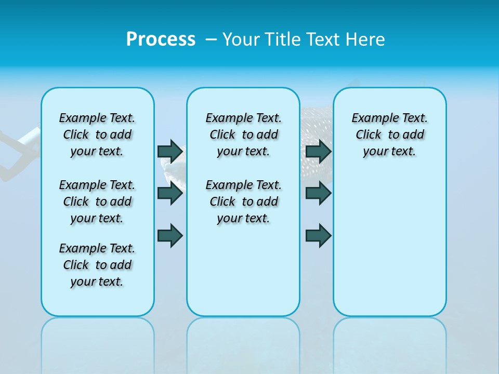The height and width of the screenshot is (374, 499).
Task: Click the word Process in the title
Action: point(161,39)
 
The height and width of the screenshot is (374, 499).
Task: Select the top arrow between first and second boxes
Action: point(170,151)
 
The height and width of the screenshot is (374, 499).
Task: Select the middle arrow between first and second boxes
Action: point(170,193)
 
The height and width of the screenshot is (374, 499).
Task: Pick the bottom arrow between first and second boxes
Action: point(170,235)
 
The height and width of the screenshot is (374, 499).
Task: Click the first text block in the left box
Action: point(97,135)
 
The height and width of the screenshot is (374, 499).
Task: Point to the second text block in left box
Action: point(97,202)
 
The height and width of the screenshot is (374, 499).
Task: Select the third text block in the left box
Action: point(97,265)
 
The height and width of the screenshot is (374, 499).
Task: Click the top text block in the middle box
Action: point(243,135)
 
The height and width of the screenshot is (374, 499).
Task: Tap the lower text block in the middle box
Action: point(243,202)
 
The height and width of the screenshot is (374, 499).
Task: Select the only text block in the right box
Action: point(389,135)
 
